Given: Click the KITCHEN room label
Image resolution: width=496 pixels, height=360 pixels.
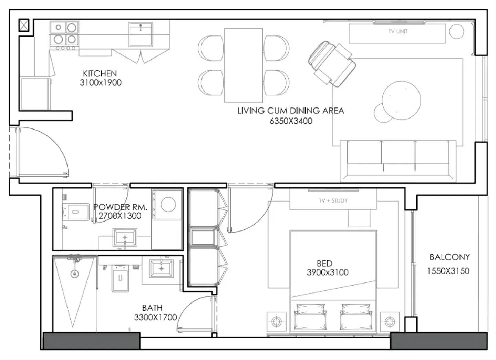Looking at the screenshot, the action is tap(100, 73).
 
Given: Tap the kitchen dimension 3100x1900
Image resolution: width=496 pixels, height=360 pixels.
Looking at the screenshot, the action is tap(101, 83).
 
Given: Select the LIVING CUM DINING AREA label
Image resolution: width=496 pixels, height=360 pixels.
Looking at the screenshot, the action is tap(291, 111).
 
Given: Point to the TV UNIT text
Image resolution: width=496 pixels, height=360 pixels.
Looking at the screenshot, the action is tap(398, 31).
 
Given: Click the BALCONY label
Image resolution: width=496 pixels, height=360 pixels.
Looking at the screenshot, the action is tap(450, 257).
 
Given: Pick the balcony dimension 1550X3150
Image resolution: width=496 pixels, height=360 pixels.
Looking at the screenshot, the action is tap(448, 271).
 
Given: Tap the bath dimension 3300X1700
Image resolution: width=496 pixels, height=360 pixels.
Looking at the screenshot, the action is tap(155, 317).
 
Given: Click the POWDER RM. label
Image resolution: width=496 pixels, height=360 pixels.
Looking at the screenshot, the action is tap(120, 207).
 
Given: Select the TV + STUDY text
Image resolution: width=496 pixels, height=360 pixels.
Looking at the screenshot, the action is tap(333, 201).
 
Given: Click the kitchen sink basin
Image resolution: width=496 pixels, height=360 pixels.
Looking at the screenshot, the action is tap(141, 34).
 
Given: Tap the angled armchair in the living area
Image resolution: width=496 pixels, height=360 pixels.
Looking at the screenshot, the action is tap(332, 64).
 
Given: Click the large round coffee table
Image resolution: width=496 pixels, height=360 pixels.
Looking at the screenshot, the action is tap(401, 100).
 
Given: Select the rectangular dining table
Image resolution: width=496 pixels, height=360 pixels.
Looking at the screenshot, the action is tap(244, 65).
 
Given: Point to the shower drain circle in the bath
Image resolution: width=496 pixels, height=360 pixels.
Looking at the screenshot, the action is tap(74, 274).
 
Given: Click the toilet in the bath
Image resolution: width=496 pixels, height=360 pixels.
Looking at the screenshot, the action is tap(120, 278).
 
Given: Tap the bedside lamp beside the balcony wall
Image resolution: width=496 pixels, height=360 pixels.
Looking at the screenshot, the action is tap(390, 321).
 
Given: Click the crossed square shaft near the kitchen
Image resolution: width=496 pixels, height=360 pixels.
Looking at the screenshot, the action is tap(24, 25).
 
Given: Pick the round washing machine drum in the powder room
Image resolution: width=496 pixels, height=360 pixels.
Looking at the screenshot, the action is tap(168, 204).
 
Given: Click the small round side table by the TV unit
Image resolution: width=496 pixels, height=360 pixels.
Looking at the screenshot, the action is tap(457, 32).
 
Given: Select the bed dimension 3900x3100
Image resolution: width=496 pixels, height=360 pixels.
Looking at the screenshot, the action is tap(328, 272).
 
